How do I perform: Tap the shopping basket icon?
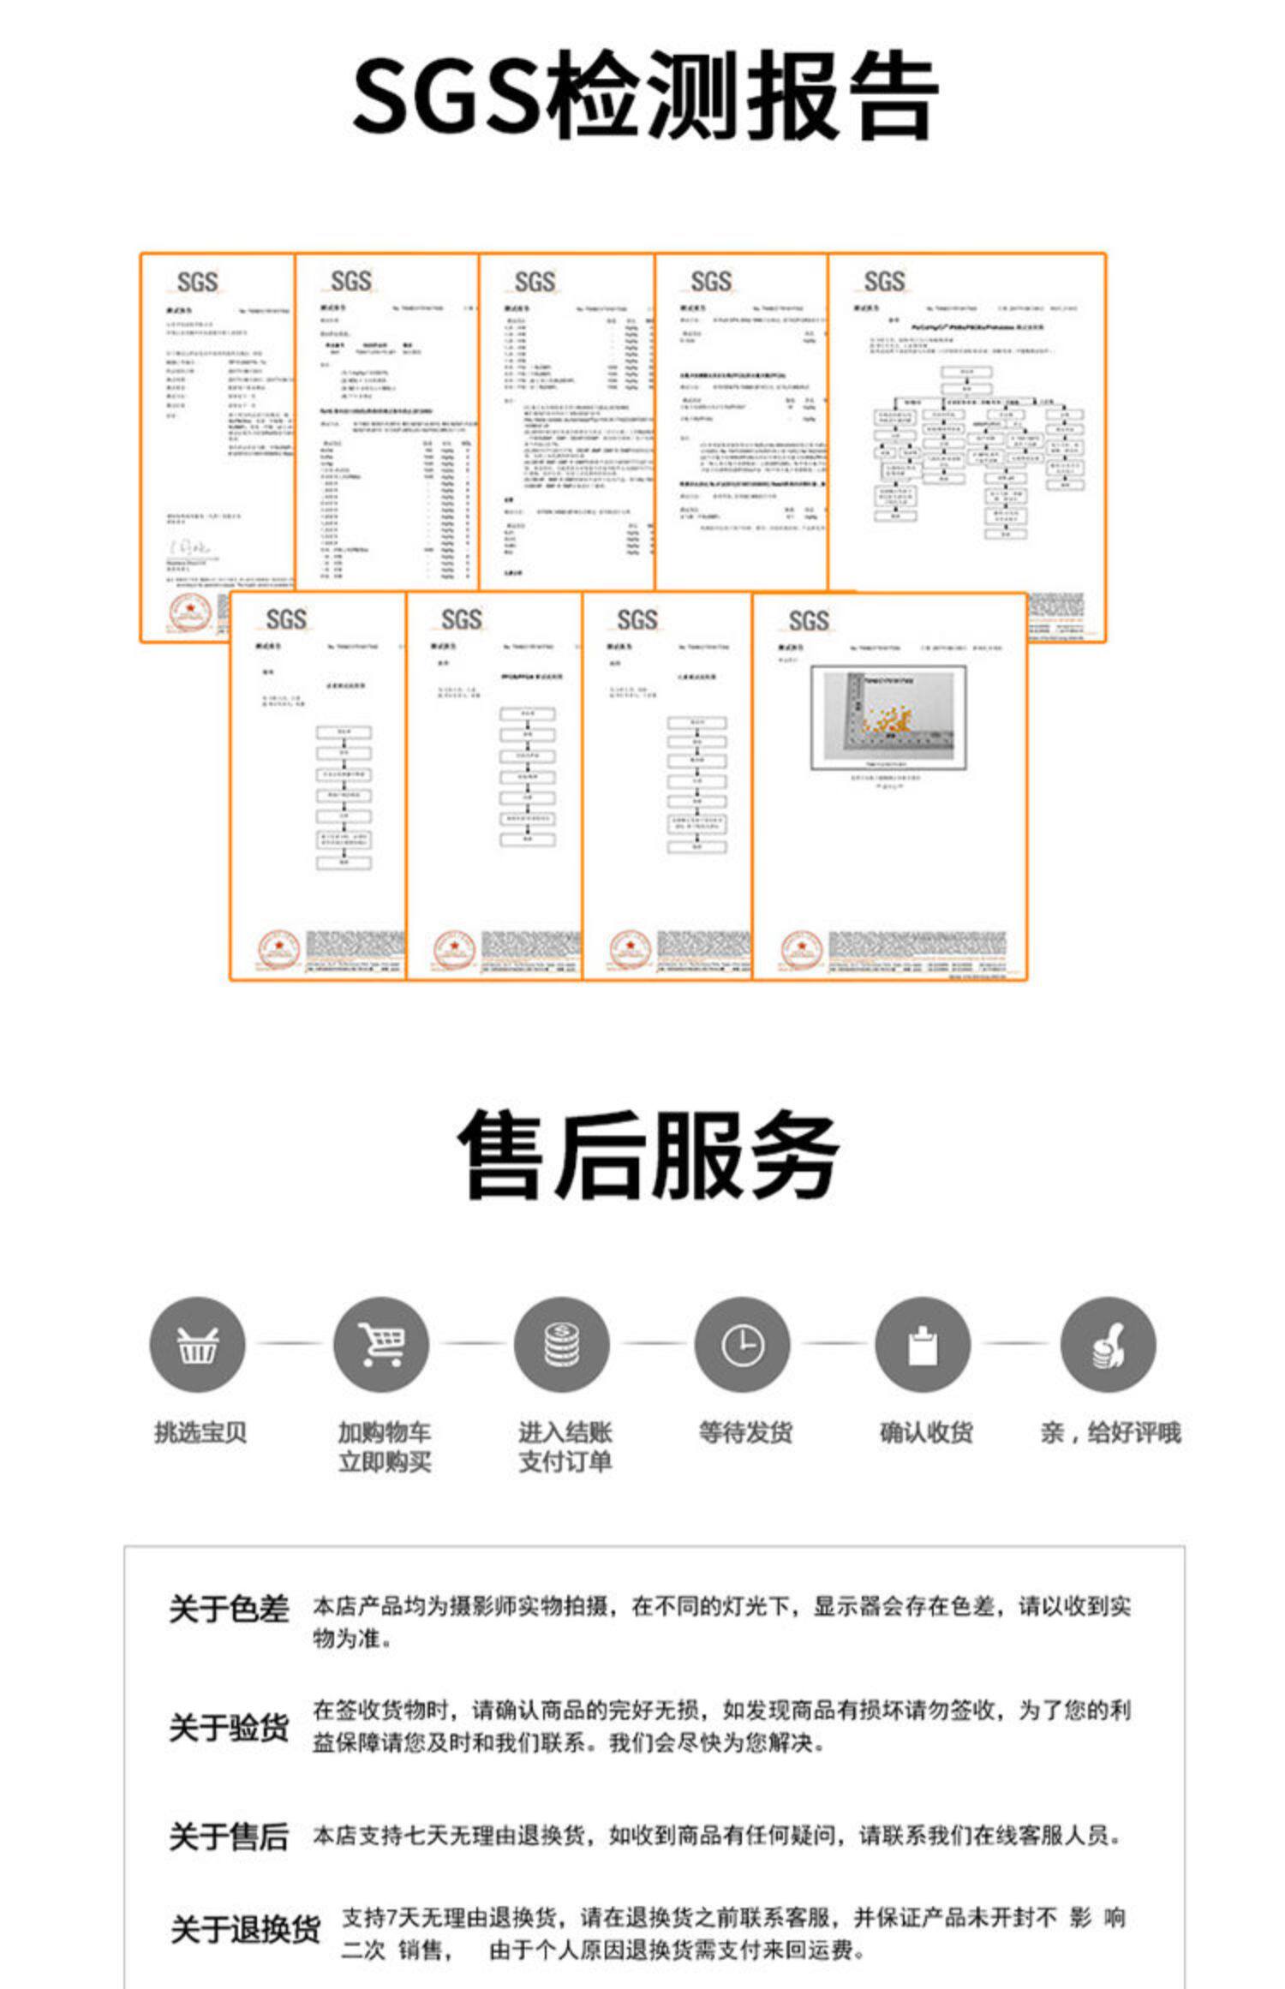(x=197, y=1345)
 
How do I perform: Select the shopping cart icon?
(x=381, y=1345)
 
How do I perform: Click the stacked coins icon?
(x=562, y=1345)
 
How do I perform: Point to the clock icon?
(x=743, y=1345)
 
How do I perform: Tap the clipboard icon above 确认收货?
(x=923, y=1345)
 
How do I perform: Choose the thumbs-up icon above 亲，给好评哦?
(x=1108, y=1345)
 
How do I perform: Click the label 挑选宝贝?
(x=200, y=1432)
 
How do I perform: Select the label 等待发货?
(x=745, y=1432)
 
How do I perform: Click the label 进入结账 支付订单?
(x=565, y=1447)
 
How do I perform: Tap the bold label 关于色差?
(x=229, y=1610)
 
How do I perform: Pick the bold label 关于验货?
(x=229, y=1727)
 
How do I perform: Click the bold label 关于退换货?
(x=245, y=1930)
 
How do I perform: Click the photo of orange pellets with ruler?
(x=888, y=717)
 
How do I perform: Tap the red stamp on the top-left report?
(x=189, y=612)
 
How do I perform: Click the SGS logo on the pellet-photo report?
(x=808, y=620)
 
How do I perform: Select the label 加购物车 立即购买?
(x=385, y=1447)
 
